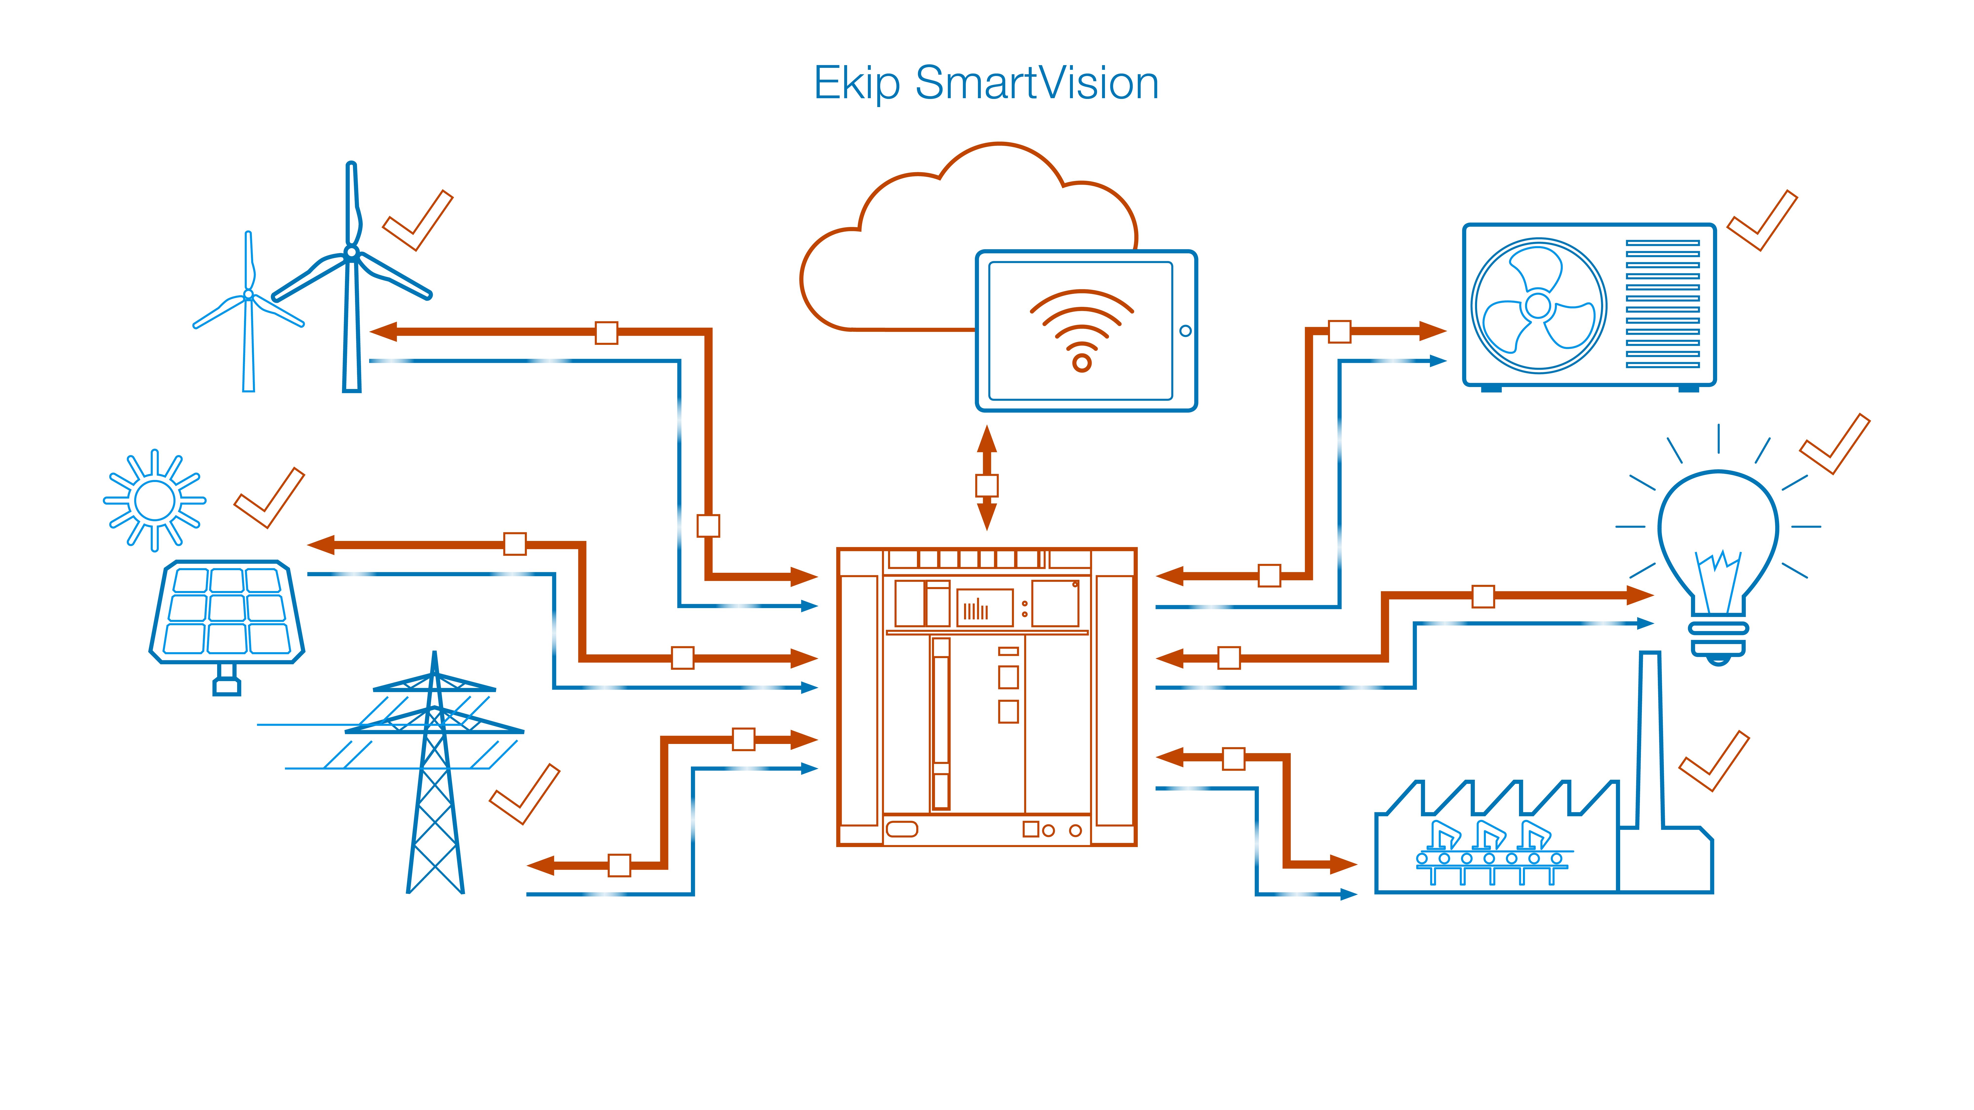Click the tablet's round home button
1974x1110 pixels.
pyautogui.click(x=1185, y=331)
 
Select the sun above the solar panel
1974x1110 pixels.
pyautogui.click(x=155, y=500)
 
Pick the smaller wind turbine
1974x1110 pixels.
pyautogui.click(x=248, y=314)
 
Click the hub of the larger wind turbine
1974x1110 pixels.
pyautogui.click(x=352, y=252)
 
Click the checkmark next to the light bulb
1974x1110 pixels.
pyautogui.click(x=1835, y=444)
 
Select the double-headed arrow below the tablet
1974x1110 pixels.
pyautogui.click(x=987, y=478)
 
